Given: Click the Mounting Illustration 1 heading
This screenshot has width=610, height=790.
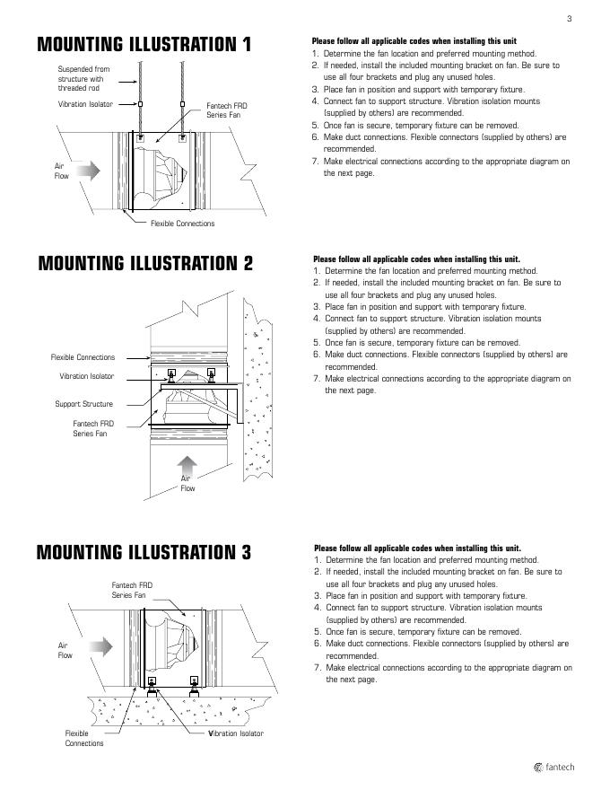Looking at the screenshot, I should [x=144, y=45].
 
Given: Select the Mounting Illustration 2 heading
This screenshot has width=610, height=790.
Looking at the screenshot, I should [x=145, y=263].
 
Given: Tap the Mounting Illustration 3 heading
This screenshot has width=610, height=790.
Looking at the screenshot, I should [x=144, y=552].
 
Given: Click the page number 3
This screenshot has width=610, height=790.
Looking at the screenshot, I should [x=569, y=19].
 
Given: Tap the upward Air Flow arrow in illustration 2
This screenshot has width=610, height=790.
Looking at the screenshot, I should [x=187, y=464].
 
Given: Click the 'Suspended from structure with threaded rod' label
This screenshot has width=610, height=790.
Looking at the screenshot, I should [x=84, y=78].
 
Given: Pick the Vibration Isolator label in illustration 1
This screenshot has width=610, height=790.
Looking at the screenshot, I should [x=86, y=105].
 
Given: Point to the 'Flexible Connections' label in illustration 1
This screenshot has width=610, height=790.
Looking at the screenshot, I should [x=182, y=224].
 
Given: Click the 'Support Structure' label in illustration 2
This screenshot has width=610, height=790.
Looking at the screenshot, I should [x=84, y=405].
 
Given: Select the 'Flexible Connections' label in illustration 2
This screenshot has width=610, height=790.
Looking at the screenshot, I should [x=83, y=357].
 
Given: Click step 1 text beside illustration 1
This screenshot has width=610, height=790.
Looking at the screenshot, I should [x=422, y=54].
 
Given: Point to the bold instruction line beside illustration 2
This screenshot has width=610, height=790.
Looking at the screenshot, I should [x=416, y=259].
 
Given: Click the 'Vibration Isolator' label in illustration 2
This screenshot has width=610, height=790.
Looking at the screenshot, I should [x=87, y=376].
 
